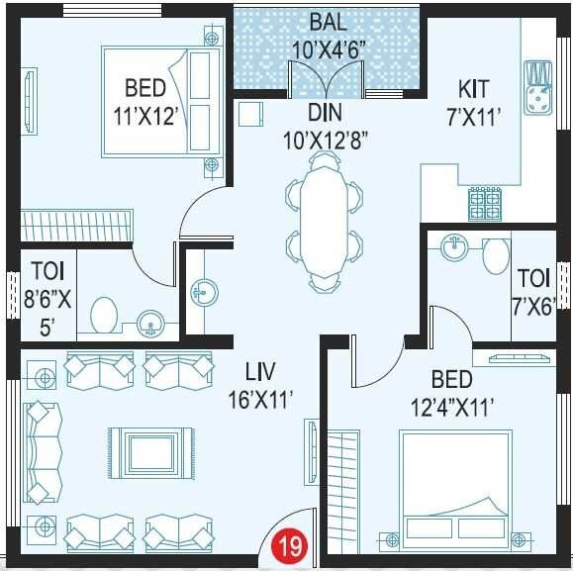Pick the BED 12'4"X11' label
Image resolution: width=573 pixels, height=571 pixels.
pyautogui.click(x=450, y=392)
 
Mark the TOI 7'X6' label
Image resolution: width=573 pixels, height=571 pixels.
pyautogui.click(x=533, y=293)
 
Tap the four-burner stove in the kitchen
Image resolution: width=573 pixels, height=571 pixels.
pyautogui.click(x=484, y=204)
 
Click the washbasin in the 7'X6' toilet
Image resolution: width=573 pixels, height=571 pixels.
pyautogui.click(x=454, y=246)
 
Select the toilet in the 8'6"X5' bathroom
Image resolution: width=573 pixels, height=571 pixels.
pyautogui.click(x=102, y=316)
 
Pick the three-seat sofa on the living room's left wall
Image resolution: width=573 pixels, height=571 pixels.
pyautogui.click(x=43, y=450)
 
